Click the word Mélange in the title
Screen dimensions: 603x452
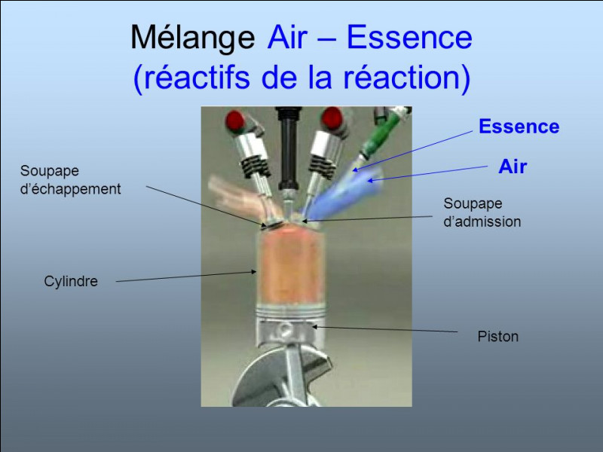(193, 38)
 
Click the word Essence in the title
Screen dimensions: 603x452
(409, 37)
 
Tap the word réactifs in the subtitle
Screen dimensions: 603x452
(197, 77)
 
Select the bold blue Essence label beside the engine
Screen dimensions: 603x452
(519, 127)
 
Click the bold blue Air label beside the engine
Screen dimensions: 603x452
(513, 166)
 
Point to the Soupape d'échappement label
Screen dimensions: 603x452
(70, 180)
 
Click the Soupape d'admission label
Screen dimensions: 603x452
(482, 212)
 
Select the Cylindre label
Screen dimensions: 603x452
(71, 281)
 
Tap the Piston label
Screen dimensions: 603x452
(498, 336)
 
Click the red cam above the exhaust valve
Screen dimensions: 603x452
(235, 121)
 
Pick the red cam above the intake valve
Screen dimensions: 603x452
(332, 118)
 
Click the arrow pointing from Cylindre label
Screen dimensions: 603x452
(186, 276)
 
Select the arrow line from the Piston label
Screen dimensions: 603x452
(384, 329)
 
